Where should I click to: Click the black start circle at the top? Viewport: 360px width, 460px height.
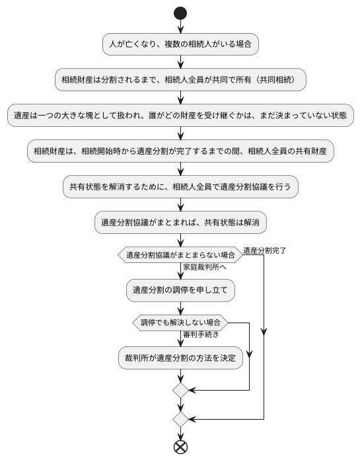[180, 13]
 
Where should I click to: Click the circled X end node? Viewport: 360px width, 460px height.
[180, 447]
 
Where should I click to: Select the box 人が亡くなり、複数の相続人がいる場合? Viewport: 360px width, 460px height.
[180, 45]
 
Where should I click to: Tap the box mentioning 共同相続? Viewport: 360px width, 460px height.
[180, 80]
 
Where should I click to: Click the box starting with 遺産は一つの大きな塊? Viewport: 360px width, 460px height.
[180, 115]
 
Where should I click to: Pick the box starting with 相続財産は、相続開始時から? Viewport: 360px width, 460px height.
[180, 151]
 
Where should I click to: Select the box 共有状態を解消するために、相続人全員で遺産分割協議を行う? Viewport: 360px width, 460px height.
[180, 187]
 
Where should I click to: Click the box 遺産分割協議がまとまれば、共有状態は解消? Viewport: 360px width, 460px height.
[180, 223]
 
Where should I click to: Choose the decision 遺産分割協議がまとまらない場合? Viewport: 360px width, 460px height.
[180, 254]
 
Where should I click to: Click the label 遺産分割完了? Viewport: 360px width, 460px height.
[264, 250]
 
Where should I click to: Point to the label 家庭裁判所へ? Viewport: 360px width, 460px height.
[204, 268]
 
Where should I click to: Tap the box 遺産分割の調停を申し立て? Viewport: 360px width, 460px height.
[180, 289]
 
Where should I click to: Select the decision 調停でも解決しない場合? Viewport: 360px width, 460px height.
[180, 323]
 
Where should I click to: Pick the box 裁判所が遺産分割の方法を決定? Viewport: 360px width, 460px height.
[180, 358]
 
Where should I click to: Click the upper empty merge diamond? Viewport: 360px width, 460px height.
[180, 391]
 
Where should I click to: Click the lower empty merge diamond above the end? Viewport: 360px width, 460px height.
[180, 419]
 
